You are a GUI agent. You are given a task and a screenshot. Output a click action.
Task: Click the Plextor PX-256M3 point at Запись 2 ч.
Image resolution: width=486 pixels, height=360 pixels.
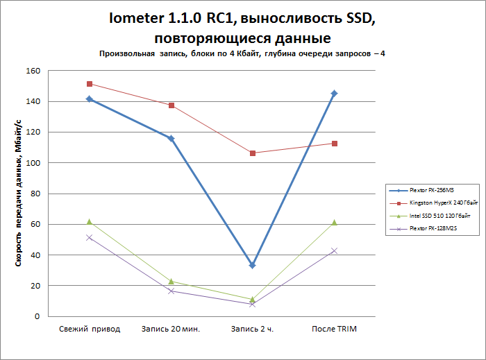[253, 266]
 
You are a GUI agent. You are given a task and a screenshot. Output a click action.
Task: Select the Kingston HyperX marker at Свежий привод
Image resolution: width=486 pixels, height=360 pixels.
[90, 84]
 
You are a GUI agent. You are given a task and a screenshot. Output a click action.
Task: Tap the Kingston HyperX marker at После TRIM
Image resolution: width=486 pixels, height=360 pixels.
[335, 144]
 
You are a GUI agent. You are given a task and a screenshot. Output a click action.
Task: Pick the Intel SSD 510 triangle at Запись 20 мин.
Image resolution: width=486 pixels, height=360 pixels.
[171, 281]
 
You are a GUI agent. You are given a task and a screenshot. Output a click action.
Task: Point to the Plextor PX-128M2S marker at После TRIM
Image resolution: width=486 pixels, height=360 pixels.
[335, 250]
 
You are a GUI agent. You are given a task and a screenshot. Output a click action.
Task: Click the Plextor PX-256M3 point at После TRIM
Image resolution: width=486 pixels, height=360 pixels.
[335, 93]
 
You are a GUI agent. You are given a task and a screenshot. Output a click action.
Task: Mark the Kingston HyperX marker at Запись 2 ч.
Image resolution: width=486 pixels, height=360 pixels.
[253, 153]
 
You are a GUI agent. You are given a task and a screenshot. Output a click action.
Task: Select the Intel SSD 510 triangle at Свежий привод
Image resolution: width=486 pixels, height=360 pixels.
[90, 221]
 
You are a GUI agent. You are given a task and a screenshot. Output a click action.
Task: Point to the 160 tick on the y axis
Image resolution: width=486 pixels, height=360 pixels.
[33, 71]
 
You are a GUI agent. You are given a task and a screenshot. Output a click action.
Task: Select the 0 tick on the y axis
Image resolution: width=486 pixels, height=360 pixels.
[37, 316]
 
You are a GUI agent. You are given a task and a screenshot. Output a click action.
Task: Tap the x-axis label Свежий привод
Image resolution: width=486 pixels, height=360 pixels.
[90, 329]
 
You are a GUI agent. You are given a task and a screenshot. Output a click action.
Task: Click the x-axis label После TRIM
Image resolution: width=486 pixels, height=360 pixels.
[335, 329]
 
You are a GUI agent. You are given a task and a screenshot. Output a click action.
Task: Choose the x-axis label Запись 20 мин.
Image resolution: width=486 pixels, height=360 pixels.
[171, 329]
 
